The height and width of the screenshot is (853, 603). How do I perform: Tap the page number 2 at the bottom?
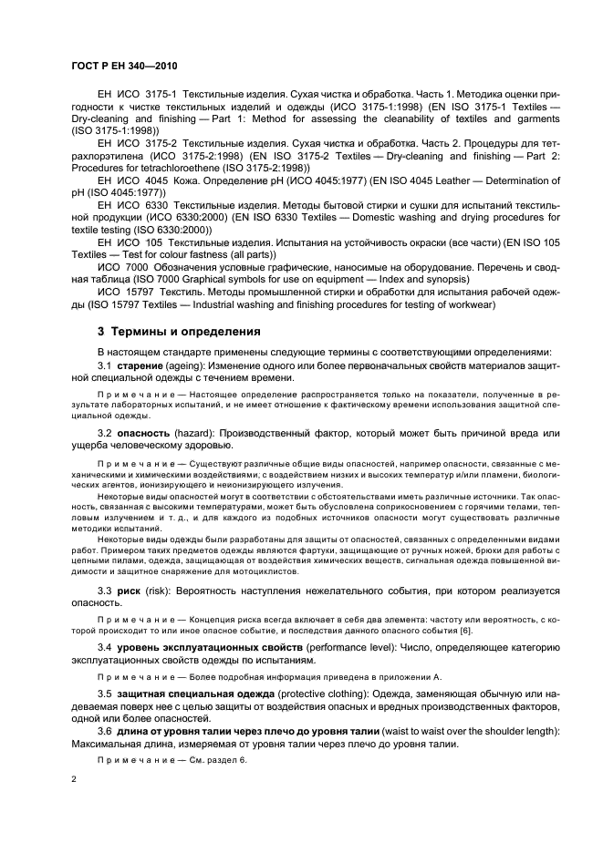74,781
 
